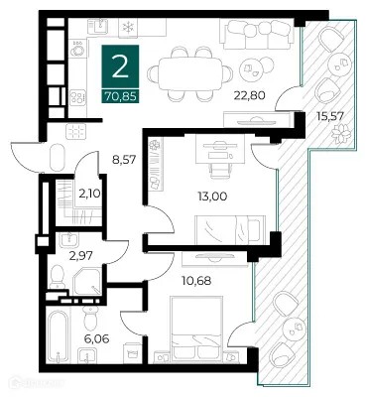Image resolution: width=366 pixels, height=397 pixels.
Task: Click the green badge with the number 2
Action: pyautogui.click(x=118, y=66)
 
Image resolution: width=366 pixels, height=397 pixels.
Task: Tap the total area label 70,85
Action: pyautogui.click(x=118, y=96)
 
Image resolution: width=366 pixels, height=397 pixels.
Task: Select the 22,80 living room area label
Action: pyautogui.click(x=247, y=96)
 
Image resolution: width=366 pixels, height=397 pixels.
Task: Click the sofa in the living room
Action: pyautogui.click(x=249, y=35)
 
